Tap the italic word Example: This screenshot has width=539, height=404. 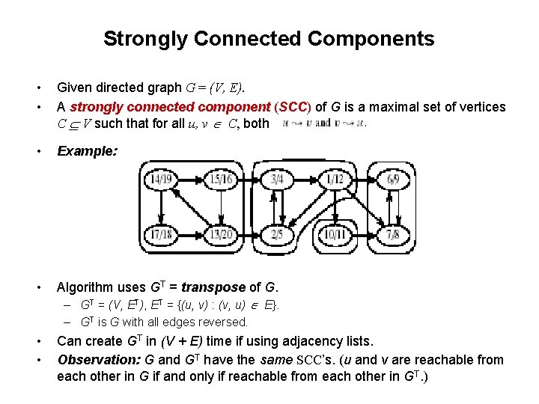click(87, 150)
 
